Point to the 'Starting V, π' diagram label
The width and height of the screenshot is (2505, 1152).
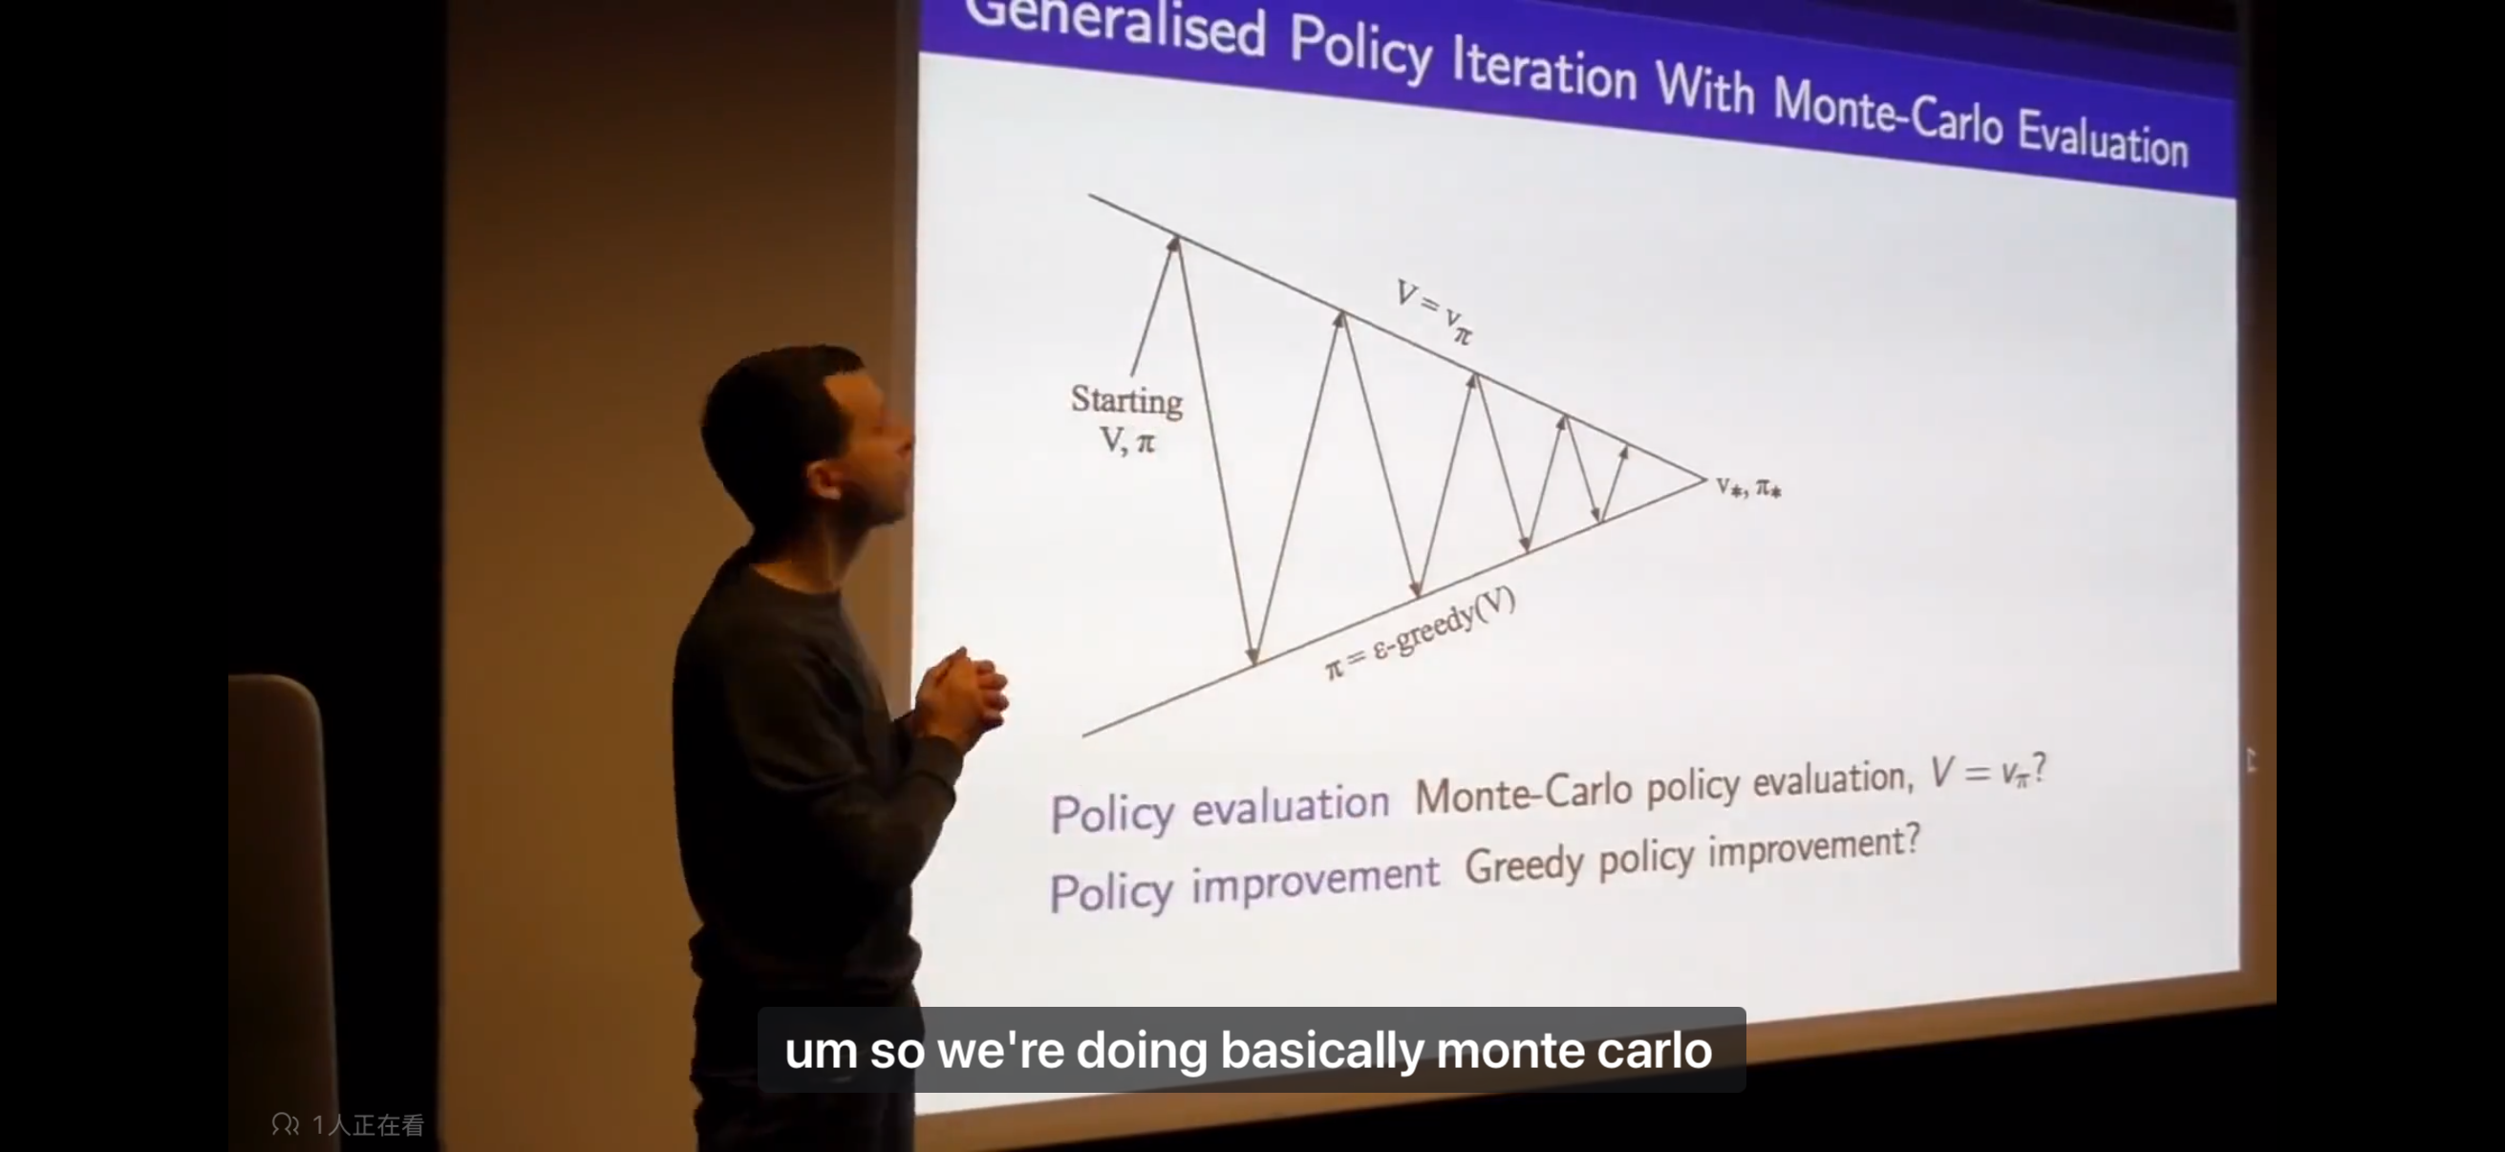1126,419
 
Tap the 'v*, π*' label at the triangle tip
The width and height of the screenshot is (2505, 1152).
1748,487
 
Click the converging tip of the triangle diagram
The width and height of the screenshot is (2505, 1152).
1705,479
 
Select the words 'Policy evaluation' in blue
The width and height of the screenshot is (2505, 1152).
1219,810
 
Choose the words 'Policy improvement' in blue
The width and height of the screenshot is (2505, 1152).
1244,885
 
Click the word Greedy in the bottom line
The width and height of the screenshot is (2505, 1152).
1525,864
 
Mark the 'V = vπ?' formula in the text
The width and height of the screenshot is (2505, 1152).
1989,771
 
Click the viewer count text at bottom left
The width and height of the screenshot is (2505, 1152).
347,1125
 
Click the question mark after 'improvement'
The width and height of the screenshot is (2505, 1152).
1911,838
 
